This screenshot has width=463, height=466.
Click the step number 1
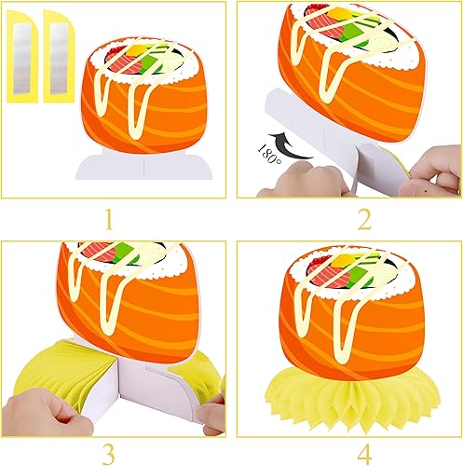pyautogui.click(x=108, y=220)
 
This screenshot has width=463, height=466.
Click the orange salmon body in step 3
pyautogui.click(x=140, y=317)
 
